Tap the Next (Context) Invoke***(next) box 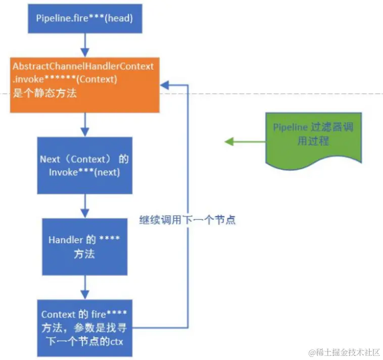pyautogui.click(x=84, y=165)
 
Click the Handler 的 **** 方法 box pyautogui.click(x=84, y=246)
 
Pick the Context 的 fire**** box pyautogui.click(x=84, y=328)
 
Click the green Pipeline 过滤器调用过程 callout pyautogui.click(x=313, y=137)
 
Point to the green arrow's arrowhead pyautogui.click(x=229, y=142)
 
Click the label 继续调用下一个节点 pyautogui.click(x=187, y=220)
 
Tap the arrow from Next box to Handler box pyautogui.click(x=84, y=206)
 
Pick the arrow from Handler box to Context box pyautogui.click(x=84, y=287)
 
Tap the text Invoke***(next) pyautogui.click(x=84, y=172)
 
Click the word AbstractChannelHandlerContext pyautogui.click(x=83, y=66)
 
